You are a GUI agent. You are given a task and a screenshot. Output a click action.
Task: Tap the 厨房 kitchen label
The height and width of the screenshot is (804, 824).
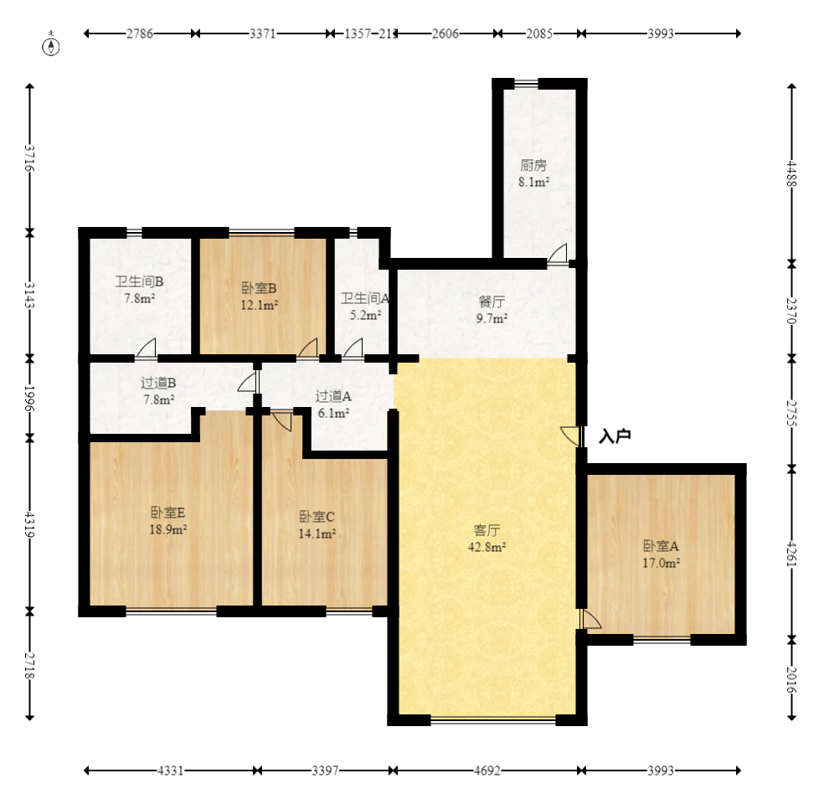click(534, 166)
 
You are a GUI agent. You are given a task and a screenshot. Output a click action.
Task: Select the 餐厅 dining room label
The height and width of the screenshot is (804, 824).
click(492, 301)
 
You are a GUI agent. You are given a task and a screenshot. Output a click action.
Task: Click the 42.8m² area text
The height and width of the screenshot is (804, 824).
click(487, 547)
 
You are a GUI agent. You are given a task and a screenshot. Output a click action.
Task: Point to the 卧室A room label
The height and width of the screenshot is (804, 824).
click(661, 546)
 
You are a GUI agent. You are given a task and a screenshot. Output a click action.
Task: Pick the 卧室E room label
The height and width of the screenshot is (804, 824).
click(168, 513)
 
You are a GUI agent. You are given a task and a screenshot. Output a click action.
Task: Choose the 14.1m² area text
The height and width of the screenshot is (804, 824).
click(317, 533)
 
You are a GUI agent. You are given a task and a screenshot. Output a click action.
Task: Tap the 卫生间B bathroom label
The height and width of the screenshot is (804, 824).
click(139, 281)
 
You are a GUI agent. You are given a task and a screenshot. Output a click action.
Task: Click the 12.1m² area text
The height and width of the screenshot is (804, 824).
click(259, 305)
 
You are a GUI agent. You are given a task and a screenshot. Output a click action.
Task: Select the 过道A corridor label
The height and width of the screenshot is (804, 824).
click(333, 396)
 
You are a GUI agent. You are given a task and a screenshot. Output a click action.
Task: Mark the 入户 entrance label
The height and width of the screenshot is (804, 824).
click(615, 436)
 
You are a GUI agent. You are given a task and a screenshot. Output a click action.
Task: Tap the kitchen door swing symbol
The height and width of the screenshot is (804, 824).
click(558, 254)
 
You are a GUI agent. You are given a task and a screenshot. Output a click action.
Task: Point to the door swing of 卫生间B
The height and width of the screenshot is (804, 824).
click(146, 348)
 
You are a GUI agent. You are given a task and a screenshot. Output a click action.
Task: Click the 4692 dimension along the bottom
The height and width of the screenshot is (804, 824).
click(487, 770)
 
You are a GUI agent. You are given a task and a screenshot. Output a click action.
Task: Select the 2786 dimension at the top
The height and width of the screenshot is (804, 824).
click(140, 33)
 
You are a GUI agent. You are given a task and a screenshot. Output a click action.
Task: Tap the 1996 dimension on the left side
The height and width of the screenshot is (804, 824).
click(30, 399)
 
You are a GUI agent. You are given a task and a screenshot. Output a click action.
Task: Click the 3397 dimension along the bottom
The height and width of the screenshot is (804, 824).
click(325, 770)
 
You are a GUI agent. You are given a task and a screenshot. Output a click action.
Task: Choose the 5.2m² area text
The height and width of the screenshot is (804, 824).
click(366, 315)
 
